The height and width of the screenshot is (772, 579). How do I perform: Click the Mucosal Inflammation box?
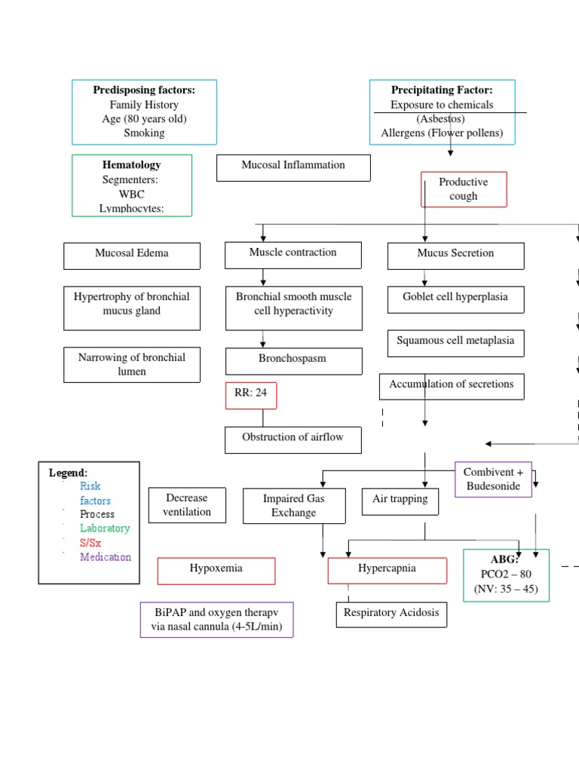tap(293, 167)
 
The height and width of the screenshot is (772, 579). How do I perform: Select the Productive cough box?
tap(463, 189)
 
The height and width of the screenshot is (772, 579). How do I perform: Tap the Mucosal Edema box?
tap(132, 256)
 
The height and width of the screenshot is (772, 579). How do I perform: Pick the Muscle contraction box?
tap(293, 255)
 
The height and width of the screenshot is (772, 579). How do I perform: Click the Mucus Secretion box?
tap(455, 256)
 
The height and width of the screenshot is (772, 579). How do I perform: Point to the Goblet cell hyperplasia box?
tap(455, 299)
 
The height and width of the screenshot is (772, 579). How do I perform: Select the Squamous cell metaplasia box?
tap(455, 343)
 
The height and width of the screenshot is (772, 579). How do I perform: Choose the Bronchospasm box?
tap(293, 360)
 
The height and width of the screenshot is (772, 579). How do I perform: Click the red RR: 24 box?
tap(251, 395)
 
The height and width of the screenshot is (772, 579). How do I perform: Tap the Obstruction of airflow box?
tap(293, 439)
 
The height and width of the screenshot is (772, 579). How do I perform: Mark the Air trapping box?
tap(400, 501)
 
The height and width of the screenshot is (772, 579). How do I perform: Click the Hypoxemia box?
tap(216, 571)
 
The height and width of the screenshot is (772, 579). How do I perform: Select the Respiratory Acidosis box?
tap(391, 614)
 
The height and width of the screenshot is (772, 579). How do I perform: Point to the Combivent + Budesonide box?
tap(493, 479)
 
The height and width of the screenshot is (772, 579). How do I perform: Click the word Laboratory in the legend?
tap(105, 528)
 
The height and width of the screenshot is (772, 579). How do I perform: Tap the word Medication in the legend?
tap(106, 557)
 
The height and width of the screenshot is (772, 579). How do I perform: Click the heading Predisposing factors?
tap(144, 90)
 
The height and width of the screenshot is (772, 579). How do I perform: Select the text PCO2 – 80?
tap(506, 574)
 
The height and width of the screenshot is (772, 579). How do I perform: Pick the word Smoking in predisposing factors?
tap(144, 133)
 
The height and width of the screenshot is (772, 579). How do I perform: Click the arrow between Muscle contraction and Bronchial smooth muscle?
tap(263, 277)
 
